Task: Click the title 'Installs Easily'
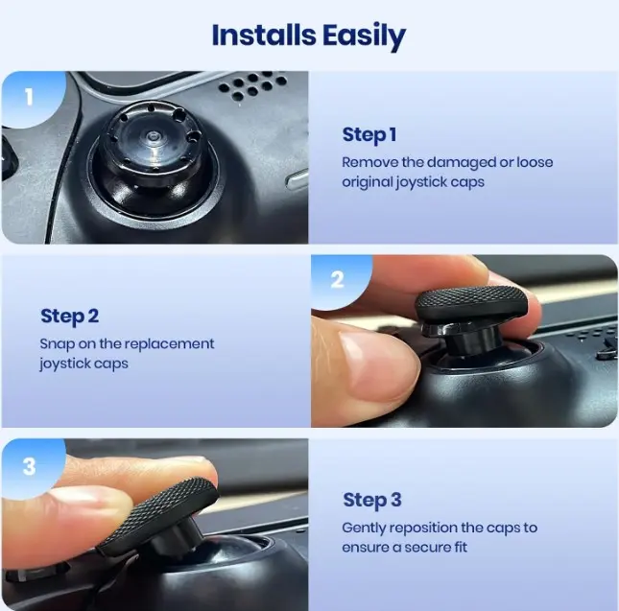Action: tap(308, 36)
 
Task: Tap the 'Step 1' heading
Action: tap(369, 135)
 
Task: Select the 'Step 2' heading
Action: tap(69, 317)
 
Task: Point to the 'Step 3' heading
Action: tap(372, 500)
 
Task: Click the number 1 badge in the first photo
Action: tap(29, 97)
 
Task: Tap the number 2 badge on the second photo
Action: tap(338, 279)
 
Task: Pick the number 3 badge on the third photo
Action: tap(29, 466)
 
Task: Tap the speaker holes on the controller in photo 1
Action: tap(252, 84)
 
